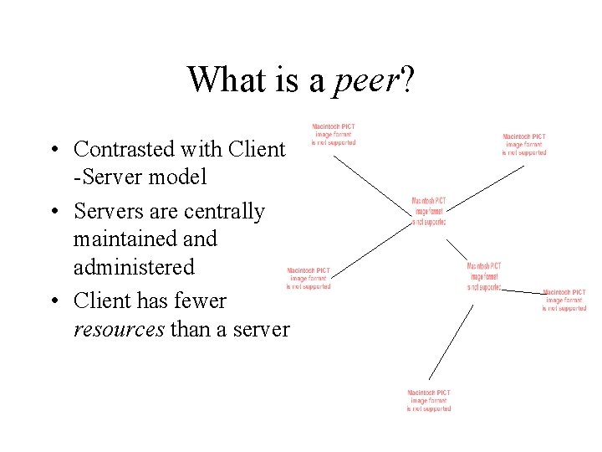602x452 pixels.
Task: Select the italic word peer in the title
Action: (x=367, y=81)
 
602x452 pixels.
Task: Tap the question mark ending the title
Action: (x=407, y=80)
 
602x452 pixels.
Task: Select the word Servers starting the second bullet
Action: (x=107, y=211)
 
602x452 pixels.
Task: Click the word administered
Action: (x=133, y=267)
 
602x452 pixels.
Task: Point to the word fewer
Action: (x=200, y=300)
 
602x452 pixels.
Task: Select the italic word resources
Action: (x=118, y=329)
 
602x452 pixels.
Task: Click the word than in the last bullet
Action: (x=189, y=329)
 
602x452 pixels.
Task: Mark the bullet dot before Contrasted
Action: (x=53, y=151)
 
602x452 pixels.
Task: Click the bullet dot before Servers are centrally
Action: (x=53, y=213)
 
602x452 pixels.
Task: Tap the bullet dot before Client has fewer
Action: (x=53, y=301)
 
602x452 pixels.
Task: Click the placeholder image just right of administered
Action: (x=309, y=279)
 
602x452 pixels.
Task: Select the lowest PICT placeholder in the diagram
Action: (x=429, y=400)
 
